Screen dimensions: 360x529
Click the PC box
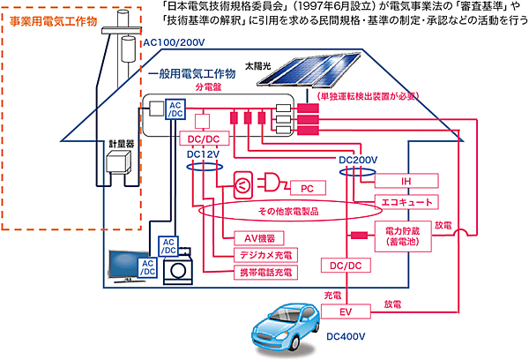tap(308, 188)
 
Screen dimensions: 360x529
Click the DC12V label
tap(204, 154)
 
